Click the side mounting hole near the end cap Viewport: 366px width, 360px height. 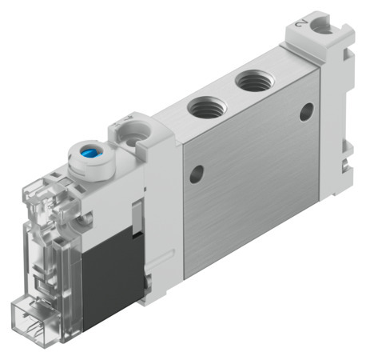306,112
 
